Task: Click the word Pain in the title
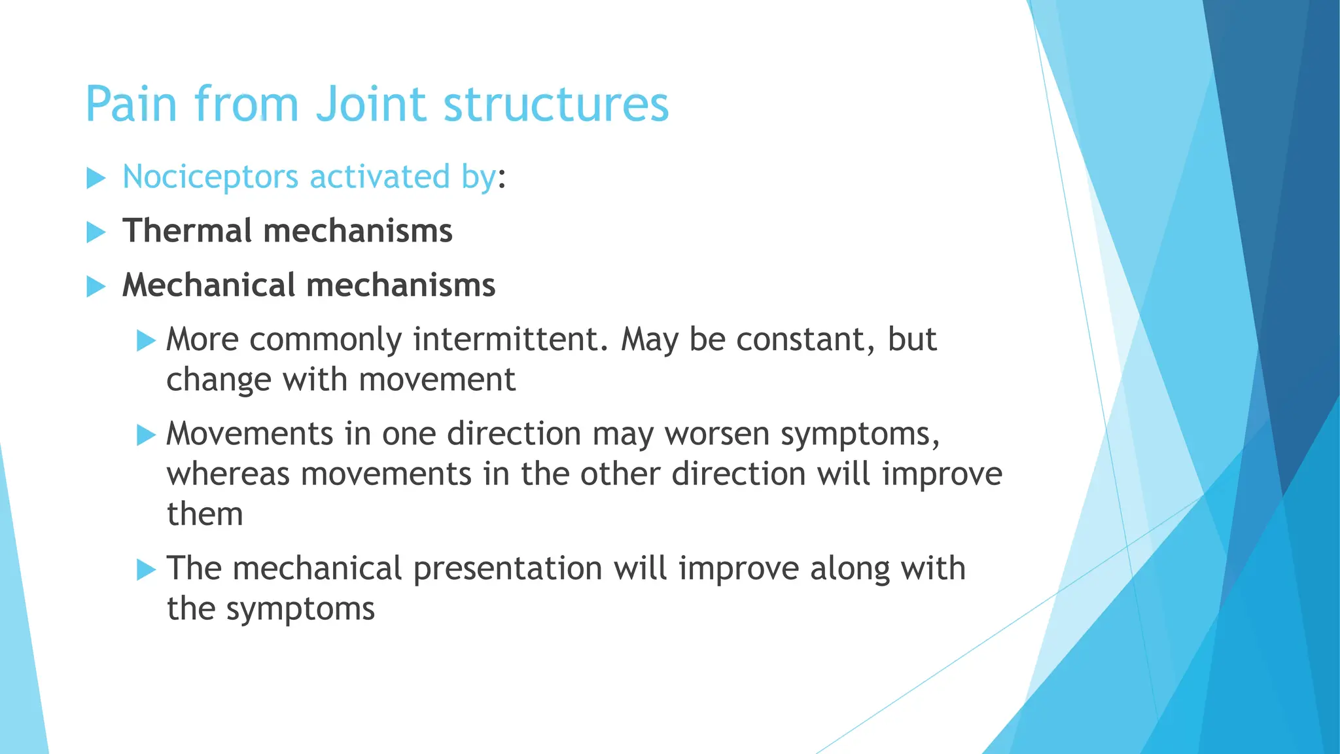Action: tap(132, 104)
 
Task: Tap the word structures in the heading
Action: tap(556, 104)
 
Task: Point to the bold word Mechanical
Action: tap(209, 285)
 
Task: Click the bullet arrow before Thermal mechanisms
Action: tap(96, 232)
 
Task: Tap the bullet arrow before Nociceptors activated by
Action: tap(96, 178)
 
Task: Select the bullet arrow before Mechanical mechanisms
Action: tap(96, 286)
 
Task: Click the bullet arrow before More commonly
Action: tap(146, 340)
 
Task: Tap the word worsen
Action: tap(716, 434)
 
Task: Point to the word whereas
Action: tap(228, 475)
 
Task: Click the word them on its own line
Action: tap(205, 514)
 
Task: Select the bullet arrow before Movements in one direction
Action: tap(146, 435)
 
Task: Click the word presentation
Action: tap(507, 569)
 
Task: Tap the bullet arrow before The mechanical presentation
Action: tap(146, 569)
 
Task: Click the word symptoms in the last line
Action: tap(300, 609)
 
